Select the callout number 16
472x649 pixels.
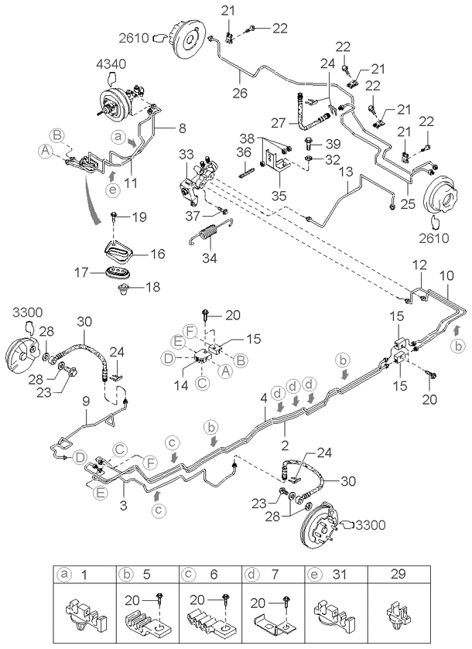point(156,253)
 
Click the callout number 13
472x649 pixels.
point(345,170)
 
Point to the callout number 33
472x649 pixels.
point(185,155)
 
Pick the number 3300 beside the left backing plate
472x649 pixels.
point(26,312)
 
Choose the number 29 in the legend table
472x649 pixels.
point(420,575)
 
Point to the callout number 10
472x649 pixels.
point(447,273)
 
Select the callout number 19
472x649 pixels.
point(137,217)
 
